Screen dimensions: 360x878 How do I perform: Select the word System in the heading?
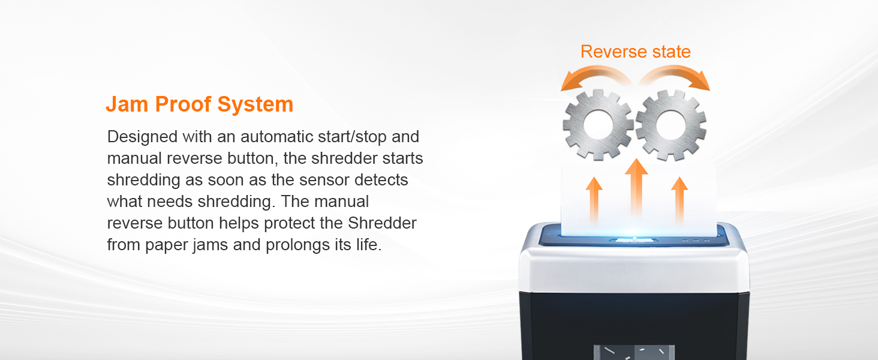(255, 104)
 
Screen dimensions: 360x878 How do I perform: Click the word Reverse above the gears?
(612, 52)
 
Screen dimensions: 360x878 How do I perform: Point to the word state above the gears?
(669, 52)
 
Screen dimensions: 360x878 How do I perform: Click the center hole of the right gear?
(670, 125)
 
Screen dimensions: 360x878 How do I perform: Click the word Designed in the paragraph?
(143, 137)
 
